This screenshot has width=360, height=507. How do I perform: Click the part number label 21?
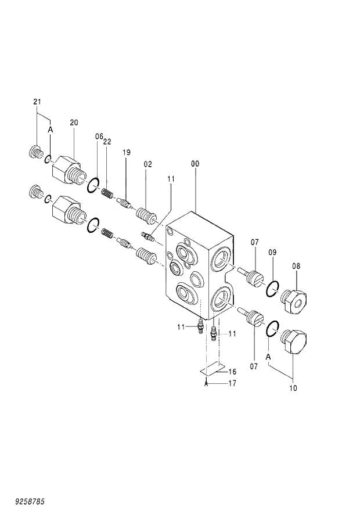click(x=37, y=102)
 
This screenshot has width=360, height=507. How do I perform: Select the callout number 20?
click(x=74, y=123)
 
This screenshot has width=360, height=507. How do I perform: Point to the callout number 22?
click(x=107, y=141)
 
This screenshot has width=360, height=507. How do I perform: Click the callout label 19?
click(x=126, y=152)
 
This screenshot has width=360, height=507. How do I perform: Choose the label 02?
click(x=147, y=164)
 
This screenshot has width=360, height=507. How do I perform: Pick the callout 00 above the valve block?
click(x=195, y=164)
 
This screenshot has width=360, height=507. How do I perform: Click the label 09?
click(x=272, y=253)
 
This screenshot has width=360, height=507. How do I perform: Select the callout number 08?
click(x=296, y=266)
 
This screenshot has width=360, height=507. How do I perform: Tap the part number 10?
click(x=293, y=388)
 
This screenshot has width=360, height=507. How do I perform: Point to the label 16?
click(x=232, y=371)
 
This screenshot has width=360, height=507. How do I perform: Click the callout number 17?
click(x=232, y=383)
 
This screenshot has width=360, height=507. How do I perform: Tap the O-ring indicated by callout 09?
click(x=273, y=287)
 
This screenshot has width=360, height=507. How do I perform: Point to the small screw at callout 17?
click(x=206, y=383)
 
